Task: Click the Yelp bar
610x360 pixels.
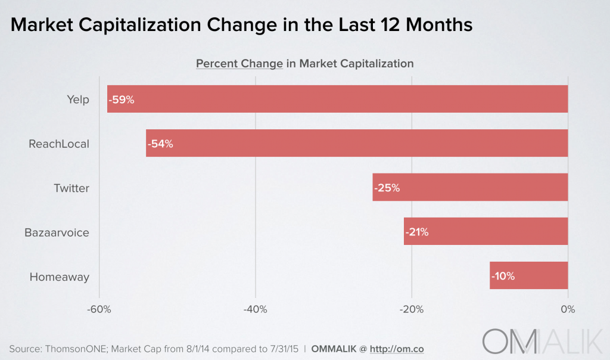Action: click(337, 99)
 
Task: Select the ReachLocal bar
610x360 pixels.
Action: click(357, 144)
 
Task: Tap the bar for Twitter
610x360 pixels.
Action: click(470, 187)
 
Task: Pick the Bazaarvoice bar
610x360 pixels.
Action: click(485, 231)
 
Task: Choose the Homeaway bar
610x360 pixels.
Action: click(529, 275)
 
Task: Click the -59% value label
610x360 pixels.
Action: click(122, 100)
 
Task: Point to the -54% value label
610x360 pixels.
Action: click(160, 144)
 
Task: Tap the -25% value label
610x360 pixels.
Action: click(387, 188)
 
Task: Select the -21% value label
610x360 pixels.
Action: click(417, 232)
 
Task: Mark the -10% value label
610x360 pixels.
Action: click(503, 276)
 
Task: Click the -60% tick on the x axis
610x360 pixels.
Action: click(99, 309)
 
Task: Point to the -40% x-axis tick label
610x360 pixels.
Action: click(256, 309)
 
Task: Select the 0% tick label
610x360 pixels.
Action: click(568, 309)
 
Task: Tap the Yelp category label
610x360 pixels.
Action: click(78, 100)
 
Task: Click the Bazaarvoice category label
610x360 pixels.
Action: click(57, 232)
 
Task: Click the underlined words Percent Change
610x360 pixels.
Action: click(239, 63)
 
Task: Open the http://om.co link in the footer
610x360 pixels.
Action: click(397, 347)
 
